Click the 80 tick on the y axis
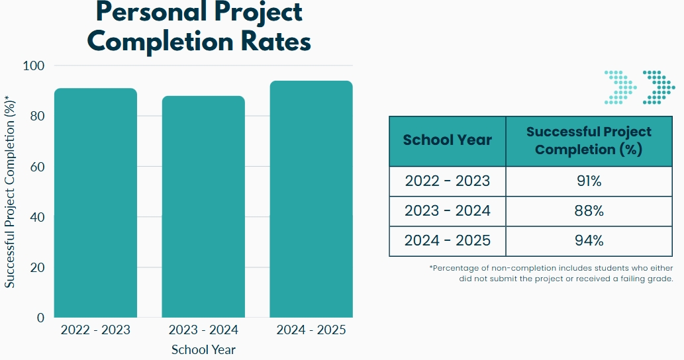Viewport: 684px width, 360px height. pyautogui.click(x=37, y=116)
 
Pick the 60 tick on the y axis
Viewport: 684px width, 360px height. pyautogui.click(x=37, y=166)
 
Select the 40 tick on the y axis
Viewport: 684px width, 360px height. pyautogui.click(x=37, y=217)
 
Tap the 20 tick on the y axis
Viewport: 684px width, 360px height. pyautogui.click(x=37, y=267)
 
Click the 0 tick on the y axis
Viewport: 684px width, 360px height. pyautogui.click(x=40, y=318)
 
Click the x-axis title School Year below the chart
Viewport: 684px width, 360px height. pyautogui.click(x=203, y=349)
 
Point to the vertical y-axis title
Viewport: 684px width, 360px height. pyautogui.click(x=11, y=192)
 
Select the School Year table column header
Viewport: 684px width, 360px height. pyautogui.click(x=448, y=140)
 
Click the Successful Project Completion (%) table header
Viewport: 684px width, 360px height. pyautogui.click(x=589, y=140)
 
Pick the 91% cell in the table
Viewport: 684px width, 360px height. pyautogui.click(x=589, y=181)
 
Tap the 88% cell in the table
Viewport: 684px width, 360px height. pyautogui.click(x=589, y=210)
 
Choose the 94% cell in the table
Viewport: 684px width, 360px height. pyautogui.click(x=589, y=240)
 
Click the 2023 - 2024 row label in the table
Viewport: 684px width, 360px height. pyautogui.click(x=448, y=210)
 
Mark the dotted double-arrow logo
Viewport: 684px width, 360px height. pyautogui.click(x=640, y=87)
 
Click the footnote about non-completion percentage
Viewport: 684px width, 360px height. pyautogui.click(x=551, y=273)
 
